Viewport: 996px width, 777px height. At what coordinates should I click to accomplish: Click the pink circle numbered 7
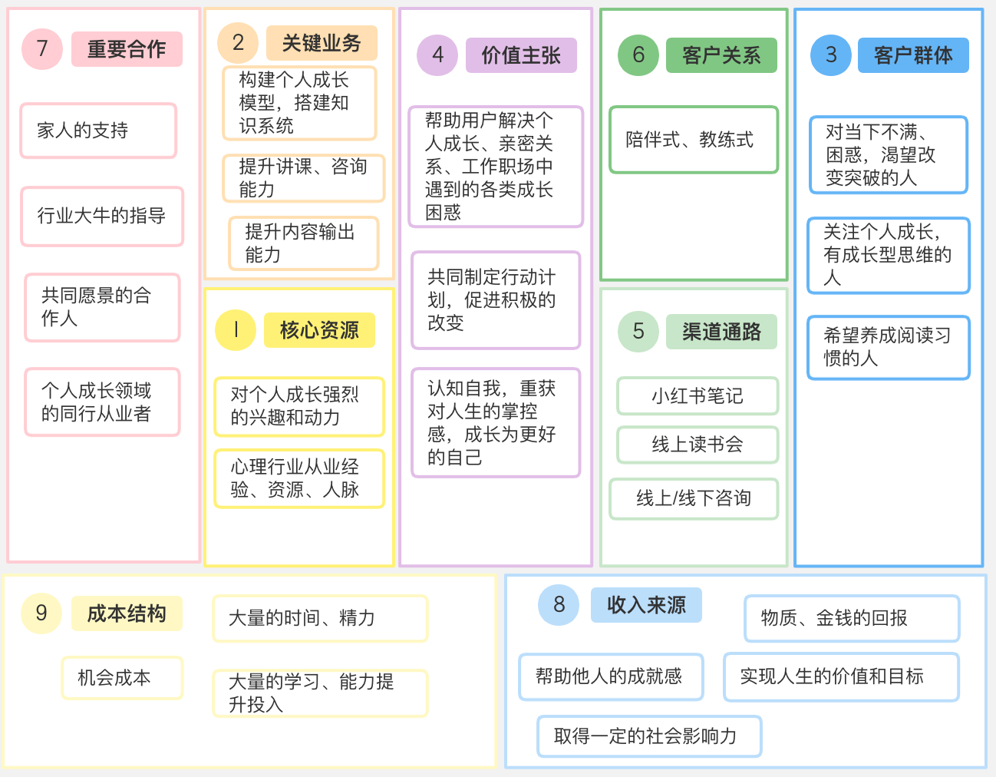(42, 49)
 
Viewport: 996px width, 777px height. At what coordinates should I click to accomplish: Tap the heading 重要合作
(127, 49)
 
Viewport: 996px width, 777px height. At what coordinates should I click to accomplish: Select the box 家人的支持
(98, 131)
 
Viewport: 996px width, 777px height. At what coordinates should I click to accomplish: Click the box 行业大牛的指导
(102, 216)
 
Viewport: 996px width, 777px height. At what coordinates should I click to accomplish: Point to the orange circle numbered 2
(238, 43)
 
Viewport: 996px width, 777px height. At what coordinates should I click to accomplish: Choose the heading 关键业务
(322, 43)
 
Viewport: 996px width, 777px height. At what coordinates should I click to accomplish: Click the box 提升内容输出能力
(303, 243)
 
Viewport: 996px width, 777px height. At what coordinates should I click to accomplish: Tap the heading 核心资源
(319, 330)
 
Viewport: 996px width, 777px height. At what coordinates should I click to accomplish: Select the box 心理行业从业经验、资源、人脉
(298, 478)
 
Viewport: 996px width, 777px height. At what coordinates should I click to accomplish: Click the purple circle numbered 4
(437, 55)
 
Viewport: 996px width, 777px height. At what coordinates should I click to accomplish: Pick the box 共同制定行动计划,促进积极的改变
(496, 299)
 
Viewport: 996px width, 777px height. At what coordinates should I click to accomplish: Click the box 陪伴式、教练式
(693, 140)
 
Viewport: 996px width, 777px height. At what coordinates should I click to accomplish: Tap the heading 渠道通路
(721, 332)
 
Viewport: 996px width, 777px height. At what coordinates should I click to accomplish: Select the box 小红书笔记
(698, 396)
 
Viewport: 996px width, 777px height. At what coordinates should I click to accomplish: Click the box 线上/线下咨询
(694, 499)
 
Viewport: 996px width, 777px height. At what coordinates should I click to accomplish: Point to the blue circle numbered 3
(831, 55)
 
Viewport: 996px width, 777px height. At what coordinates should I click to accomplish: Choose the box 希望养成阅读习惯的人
(889, 347)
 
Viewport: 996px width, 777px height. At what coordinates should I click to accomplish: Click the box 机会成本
(122, 678)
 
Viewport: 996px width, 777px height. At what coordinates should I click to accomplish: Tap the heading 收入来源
(646, 605)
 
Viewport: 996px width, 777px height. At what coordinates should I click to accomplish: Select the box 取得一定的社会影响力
(649, 736)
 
